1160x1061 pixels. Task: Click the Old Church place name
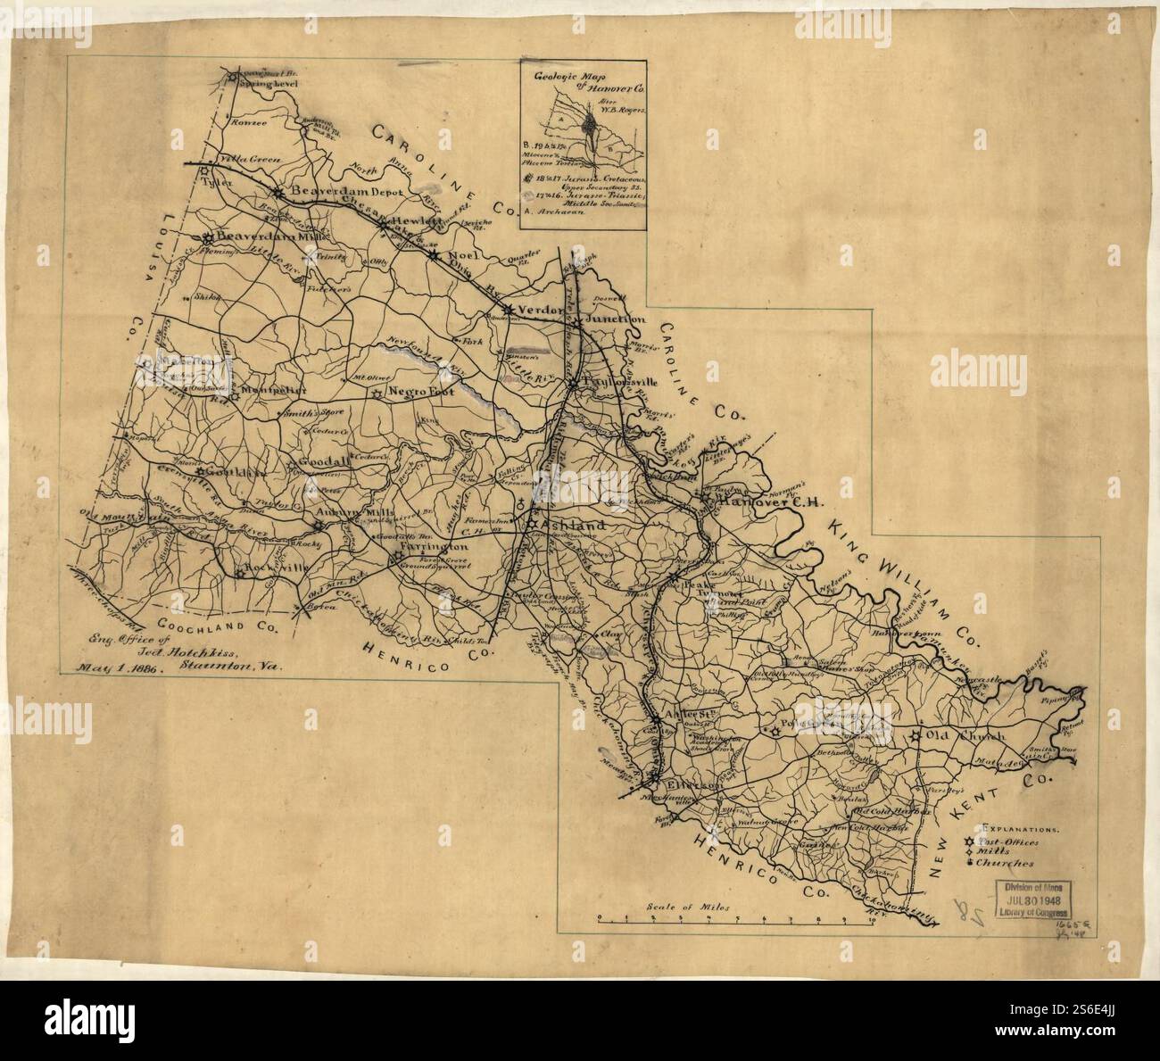(965, 736)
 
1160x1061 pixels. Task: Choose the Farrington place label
(435, 546)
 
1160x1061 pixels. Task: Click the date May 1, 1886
(116, 667)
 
